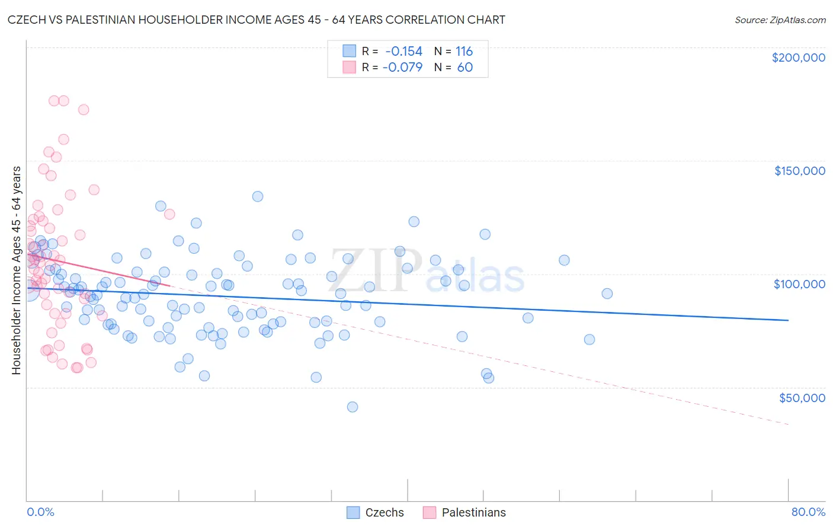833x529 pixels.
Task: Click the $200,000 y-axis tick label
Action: (x=798, y=58)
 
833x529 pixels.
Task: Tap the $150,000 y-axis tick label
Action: (x=799, y=171)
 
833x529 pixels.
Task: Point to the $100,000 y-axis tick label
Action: (x=799, y=284)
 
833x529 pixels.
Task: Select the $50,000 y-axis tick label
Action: (x=802, y=397)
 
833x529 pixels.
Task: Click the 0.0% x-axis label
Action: (x=40, y=512)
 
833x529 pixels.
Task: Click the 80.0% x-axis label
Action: (x=808, y=512)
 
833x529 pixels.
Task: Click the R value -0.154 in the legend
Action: (x=403, y=51)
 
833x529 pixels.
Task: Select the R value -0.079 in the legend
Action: (x=402, y=67)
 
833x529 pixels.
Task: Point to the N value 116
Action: (x=464, y=51)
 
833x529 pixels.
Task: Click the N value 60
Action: (x=465, y=67)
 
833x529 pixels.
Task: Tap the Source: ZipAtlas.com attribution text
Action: (x=780, y=20)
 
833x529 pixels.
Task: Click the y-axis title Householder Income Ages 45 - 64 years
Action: (x=17, y=270)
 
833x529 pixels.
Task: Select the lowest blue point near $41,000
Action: (x=353, y=407)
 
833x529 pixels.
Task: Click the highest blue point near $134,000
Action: (x=258, y=196)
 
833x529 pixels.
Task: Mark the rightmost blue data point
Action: (x=607, y=294)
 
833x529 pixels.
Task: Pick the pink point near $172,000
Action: (x=84, y=110)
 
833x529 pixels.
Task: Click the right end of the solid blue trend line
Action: (x=788, y=320)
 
